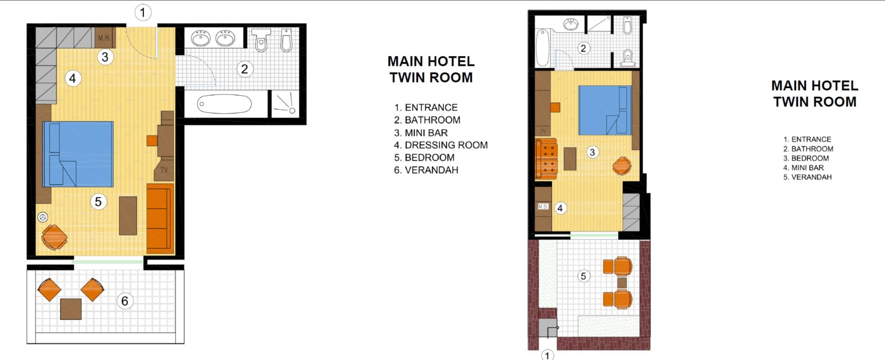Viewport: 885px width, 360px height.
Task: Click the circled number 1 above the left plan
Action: (143, 12)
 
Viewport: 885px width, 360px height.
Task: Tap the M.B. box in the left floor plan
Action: (104, 38)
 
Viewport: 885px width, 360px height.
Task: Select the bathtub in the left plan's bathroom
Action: (224, 104)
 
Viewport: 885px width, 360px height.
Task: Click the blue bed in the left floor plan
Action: (78, 154)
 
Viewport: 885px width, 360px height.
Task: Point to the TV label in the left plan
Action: (164, 170)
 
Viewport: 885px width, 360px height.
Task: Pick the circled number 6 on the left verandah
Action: (124, 301)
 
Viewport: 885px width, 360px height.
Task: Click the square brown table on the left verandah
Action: (71, 309)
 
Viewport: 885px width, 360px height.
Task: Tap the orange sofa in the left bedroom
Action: (160, 218)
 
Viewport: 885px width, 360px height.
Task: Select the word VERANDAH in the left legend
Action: (431, 170)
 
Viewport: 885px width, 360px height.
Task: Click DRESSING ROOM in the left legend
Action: (446, 145)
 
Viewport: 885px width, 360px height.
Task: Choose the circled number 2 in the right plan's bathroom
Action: (584, 48)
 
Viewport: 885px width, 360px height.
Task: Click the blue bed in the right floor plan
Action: (605, 110)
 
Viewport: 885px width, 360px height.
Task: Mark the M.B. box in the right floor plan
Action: (543, 207)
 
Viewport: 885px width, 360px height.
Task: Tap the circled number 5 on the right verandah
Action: (584, 276)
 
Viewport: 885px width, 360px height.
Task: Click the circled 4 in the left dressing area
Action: (72, 78)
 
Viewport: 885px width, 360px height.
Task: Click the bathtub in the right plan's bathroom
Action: (543, 48)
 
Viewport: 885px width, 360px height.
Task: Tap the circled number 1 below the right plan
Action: (547, 355)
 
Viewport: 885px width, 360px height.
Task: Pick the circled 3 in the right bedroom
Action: (592, 152)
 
